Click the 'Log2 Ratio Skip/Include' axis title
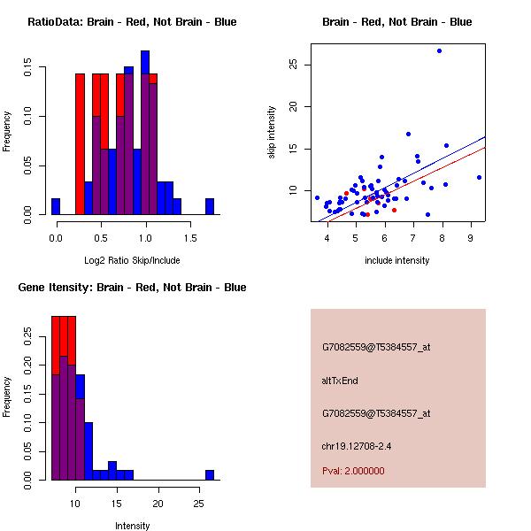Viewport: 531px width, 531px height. (x=132, y=260)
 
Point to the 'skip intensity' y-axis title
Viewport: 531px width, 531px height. (x=272, y=133)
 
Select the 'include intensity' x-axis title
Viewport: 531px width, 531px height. (x=396, y=260)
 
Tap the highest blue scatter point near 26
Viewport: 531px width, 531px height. (x=439, y=50)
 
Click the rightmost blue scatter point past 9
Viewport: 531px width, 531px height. (x=479, y=177)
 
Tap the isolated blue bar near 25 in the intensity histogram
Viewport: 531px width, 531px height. (x=210, y=475)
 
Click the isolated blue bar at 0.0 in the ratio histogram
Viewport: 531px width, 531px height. (x=56, y=206)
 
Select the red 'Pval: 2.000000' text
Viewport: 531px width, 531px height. (x=354, y=471)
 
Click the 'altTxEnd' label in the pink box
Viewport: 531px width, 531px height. (x=340, y=381)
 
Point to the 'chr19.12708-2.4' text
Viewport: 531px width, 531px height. (x=357, y=446)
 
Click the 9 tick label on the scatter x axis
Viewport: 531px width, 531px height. (x=471, y=238)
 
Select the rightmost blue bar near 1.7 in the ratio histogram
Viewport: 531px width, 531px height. (x=210, y=206)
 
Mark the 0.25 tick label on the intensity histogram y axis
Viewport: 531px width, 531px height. (x=28, y=336)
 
